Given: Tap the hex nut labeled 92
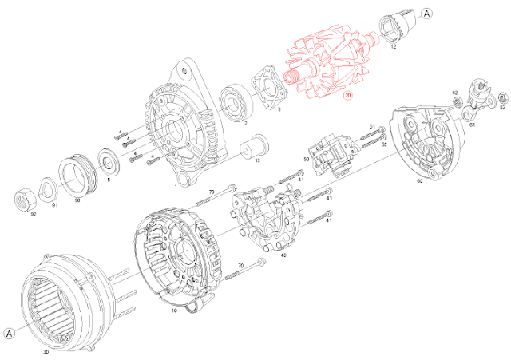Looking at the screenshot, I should click(x=28, y=196).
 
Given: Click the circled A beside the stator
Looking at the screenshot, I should click(x=9, y=333).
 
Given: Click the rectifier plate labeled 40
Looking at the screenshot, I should click(x=267, y=216).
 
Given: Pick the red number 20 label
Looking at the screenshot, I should click(x=347, y=95).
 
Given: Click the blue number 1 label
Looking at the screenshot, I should click(x=176, y=185).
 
